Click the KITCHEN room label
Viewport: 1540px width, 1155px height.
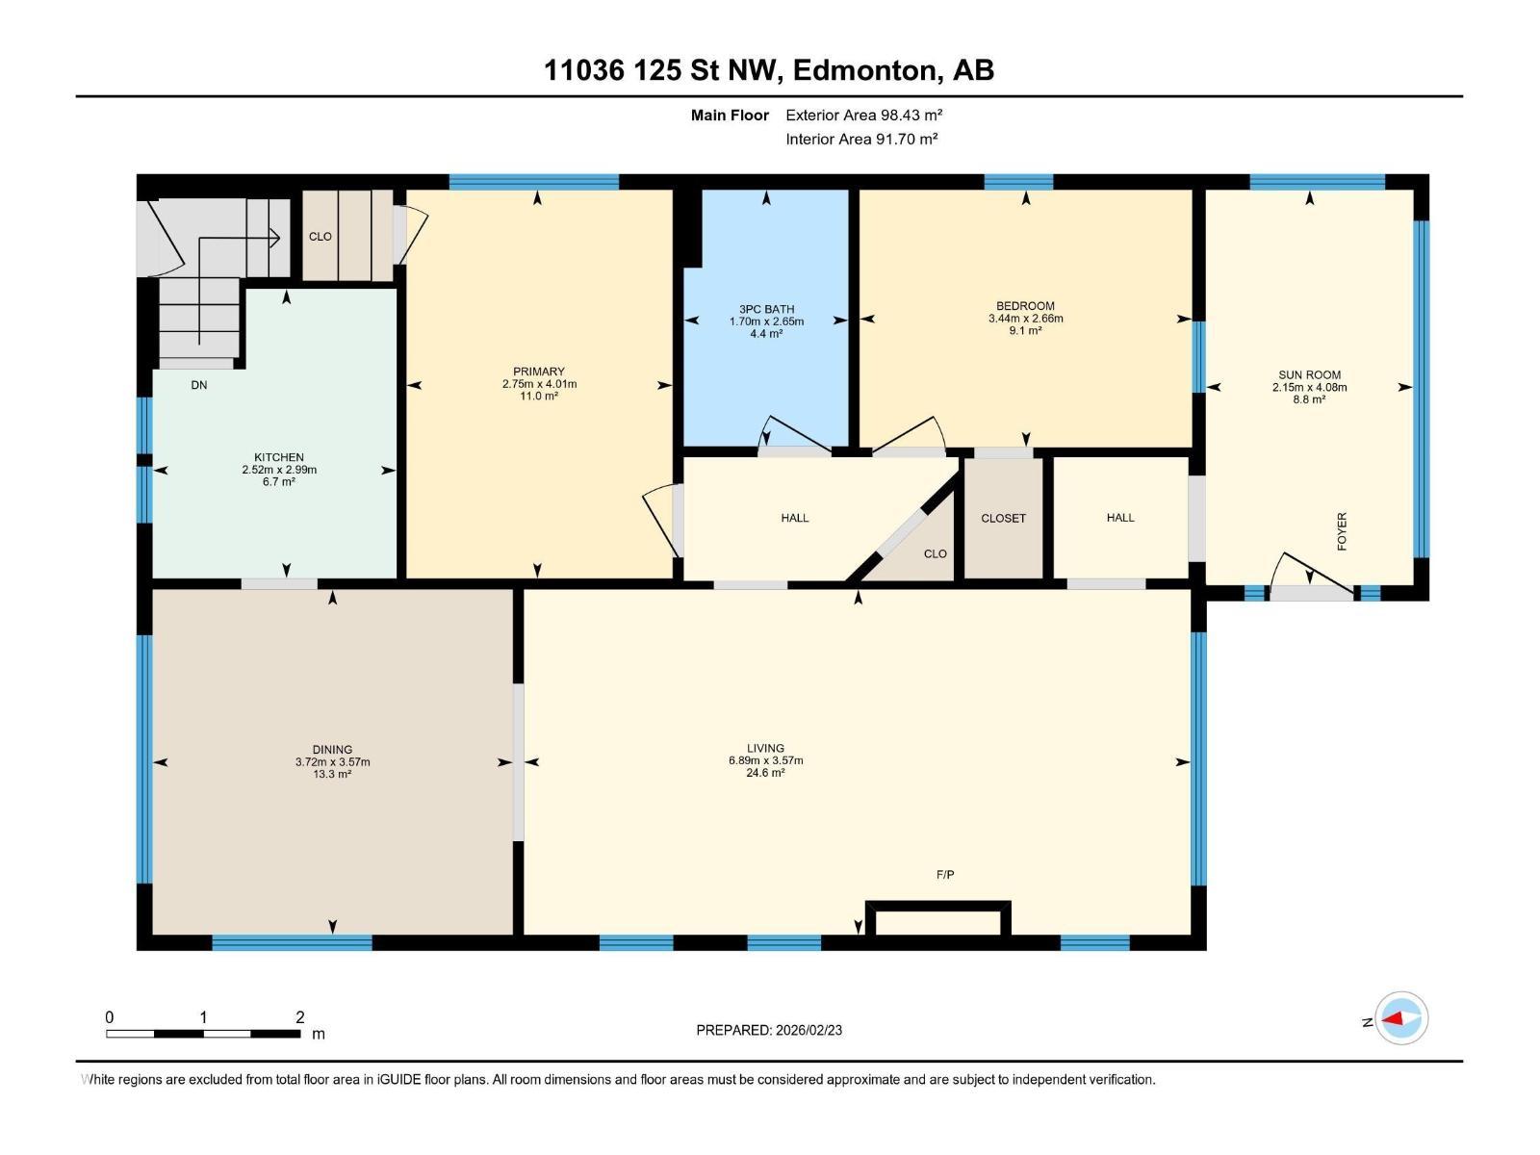pos(279,457)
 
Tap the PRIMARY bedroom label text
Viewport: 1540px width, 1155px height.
pos(538,372)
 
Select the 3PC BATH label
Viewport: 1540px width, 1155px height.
pos(766,309)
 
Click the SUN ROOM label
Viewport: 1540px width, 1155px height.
pos(1309,375)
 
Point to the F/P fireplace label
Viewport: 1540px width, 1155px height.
pos(945,875)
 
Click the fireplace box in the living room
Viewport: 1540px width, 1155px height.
pos(938,920)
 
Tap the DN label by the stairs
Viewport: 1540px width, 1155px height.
pos(199,385)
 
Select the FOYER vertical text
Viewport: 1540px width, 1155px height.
pos(1342,531)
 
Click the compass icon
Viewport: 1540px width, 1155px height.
pos(1401,1018)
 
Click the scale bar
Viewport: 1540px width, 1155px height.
pos(203,1034)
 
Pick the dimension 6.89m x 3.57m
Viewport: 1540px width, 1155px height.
pos(765,760)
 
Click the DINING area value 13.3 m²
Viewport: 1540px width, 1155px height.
pos(332,774)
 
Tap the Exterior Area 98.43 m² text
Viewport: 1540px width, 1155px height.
pos(863,115)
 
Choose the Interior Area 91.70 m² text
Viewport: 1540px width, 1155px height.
pos(861,139)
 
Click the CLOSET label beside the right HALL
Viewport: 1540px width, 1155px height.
pos(1003,518)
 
